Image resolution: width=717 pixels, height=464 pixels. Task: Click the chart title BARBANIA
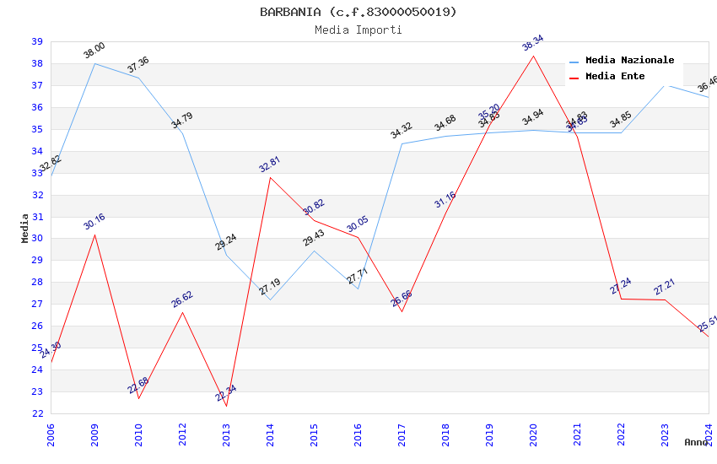[358, 12]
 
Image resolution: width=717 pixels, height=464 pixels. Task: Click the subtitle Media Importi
[358, 30]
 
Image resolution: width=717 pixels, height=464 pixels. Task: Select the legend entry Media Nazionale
[629, 60]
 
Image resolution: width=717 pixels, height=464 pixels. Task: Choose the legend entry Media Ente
[614, 76]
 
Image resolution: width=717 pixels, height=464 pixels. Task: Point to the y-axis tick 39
[37, 41]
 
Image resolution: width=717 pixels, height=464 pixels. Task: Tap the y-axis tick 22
[37, 413]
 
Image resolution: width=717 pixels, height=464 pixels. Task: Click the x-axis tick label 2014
[270, 435]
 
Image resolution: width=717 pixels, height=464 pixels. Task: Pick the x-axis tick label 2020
[533, 435]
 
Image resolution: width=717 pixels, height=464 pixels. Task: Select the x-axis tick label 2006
[51, 435]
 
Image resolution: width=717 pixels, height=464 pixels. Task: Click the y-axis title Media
[25, 228]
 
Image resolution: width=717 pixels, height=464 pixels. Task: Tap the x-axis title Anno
[696, 442]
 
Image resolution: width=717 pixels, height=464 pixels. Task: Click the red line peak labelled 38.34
[533, 56]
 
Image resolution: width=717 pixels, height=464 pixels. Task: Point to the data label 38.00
[94, 51]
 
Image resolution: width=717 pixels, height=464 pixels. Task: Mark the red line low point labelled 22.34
[226, 406]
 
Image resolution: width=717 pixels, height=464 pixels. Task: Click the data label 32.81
[269, 164]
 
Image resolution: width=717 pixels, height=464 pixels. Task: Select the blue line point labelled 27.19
[270, 299]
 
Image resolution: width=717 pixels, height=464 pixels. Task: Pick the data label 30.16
[94, 222]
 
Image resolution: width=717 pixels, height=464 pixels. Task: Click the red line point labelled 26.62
[182, 312]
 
